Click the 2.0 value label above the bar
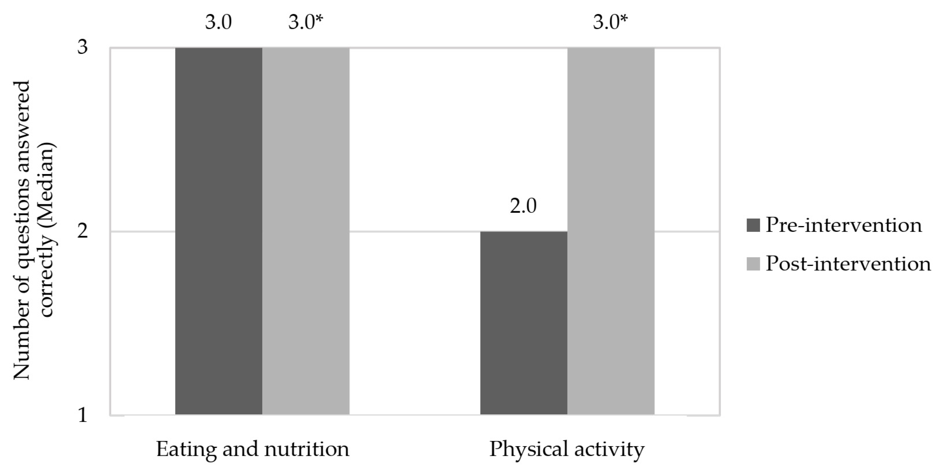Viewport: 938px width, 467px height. (523, 206)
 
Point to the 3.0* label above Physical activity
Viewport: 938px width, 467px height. (610, 23)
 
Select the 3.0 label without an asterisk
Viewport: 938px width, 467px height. (218, 23)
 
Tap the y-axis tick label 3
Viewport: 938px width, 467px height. (83, 47)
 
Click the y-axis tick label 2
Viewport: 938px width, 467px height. (83, 231)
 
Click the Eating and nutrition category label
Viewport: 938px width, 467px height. (253, 449)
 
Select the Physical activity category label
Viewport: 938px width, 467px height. (567, 449)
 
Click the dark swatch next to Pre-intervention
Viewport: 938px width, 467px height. (753, 225)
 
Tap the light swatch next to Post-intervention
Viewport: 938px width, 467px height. (753, 264)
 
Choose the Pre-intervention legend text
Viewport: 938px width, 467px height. (844, 225)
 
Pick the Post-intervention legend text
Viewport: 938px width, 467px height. (848, 264)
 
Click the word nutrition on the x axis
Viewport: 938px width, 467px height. (307, 449)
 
